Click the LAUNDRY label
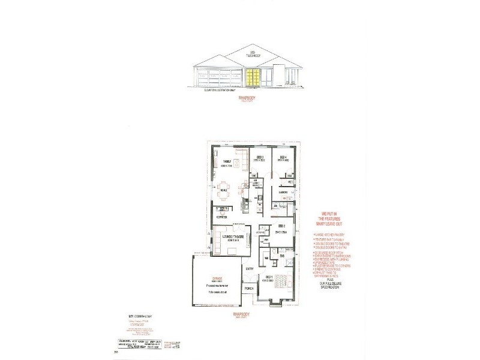[x=284, y=193]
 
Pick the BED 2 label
[x=280, y=226]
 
